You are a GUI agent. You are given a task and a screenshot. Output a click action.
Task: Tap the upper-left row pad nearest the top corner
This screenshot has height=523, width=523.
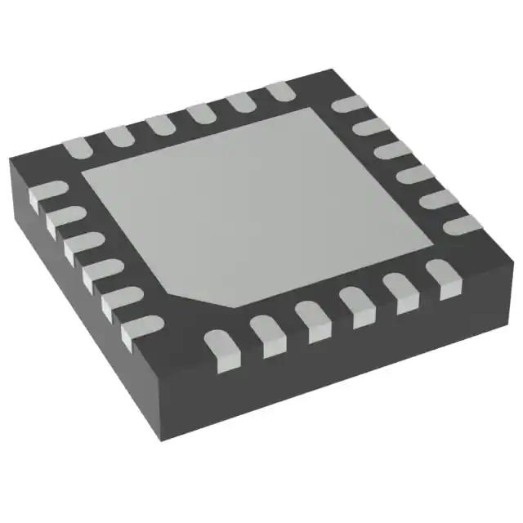[x=279, y=91]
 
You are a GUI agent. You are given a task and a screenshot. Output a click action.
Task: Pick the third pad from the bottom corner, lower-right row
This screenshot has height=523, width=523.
[x=310, y=320]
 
